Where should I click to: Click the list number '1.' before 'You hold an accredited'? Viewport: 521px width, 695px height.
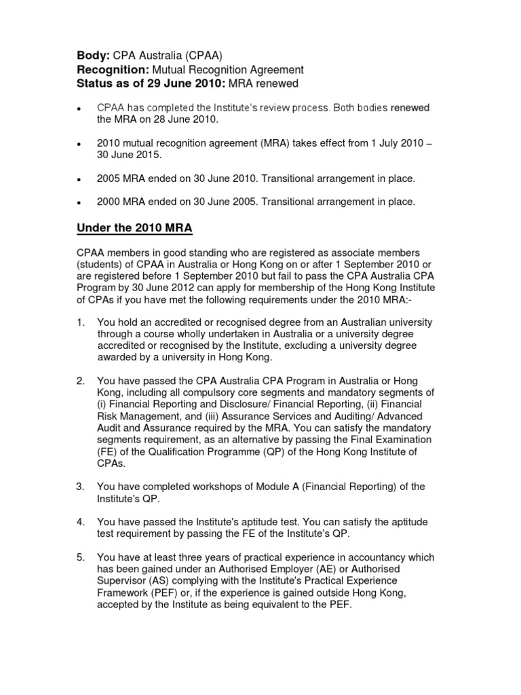point(79,322)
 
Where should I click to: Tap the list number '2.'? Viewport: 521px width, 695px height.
point(79,381)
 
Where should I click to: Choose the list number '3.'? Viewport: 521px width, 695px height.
point(79,487)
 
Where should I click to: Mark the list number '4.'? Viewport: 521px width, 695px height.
point(79,522)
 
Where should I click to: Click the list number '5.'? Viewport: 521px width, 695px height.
point(79,558)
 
